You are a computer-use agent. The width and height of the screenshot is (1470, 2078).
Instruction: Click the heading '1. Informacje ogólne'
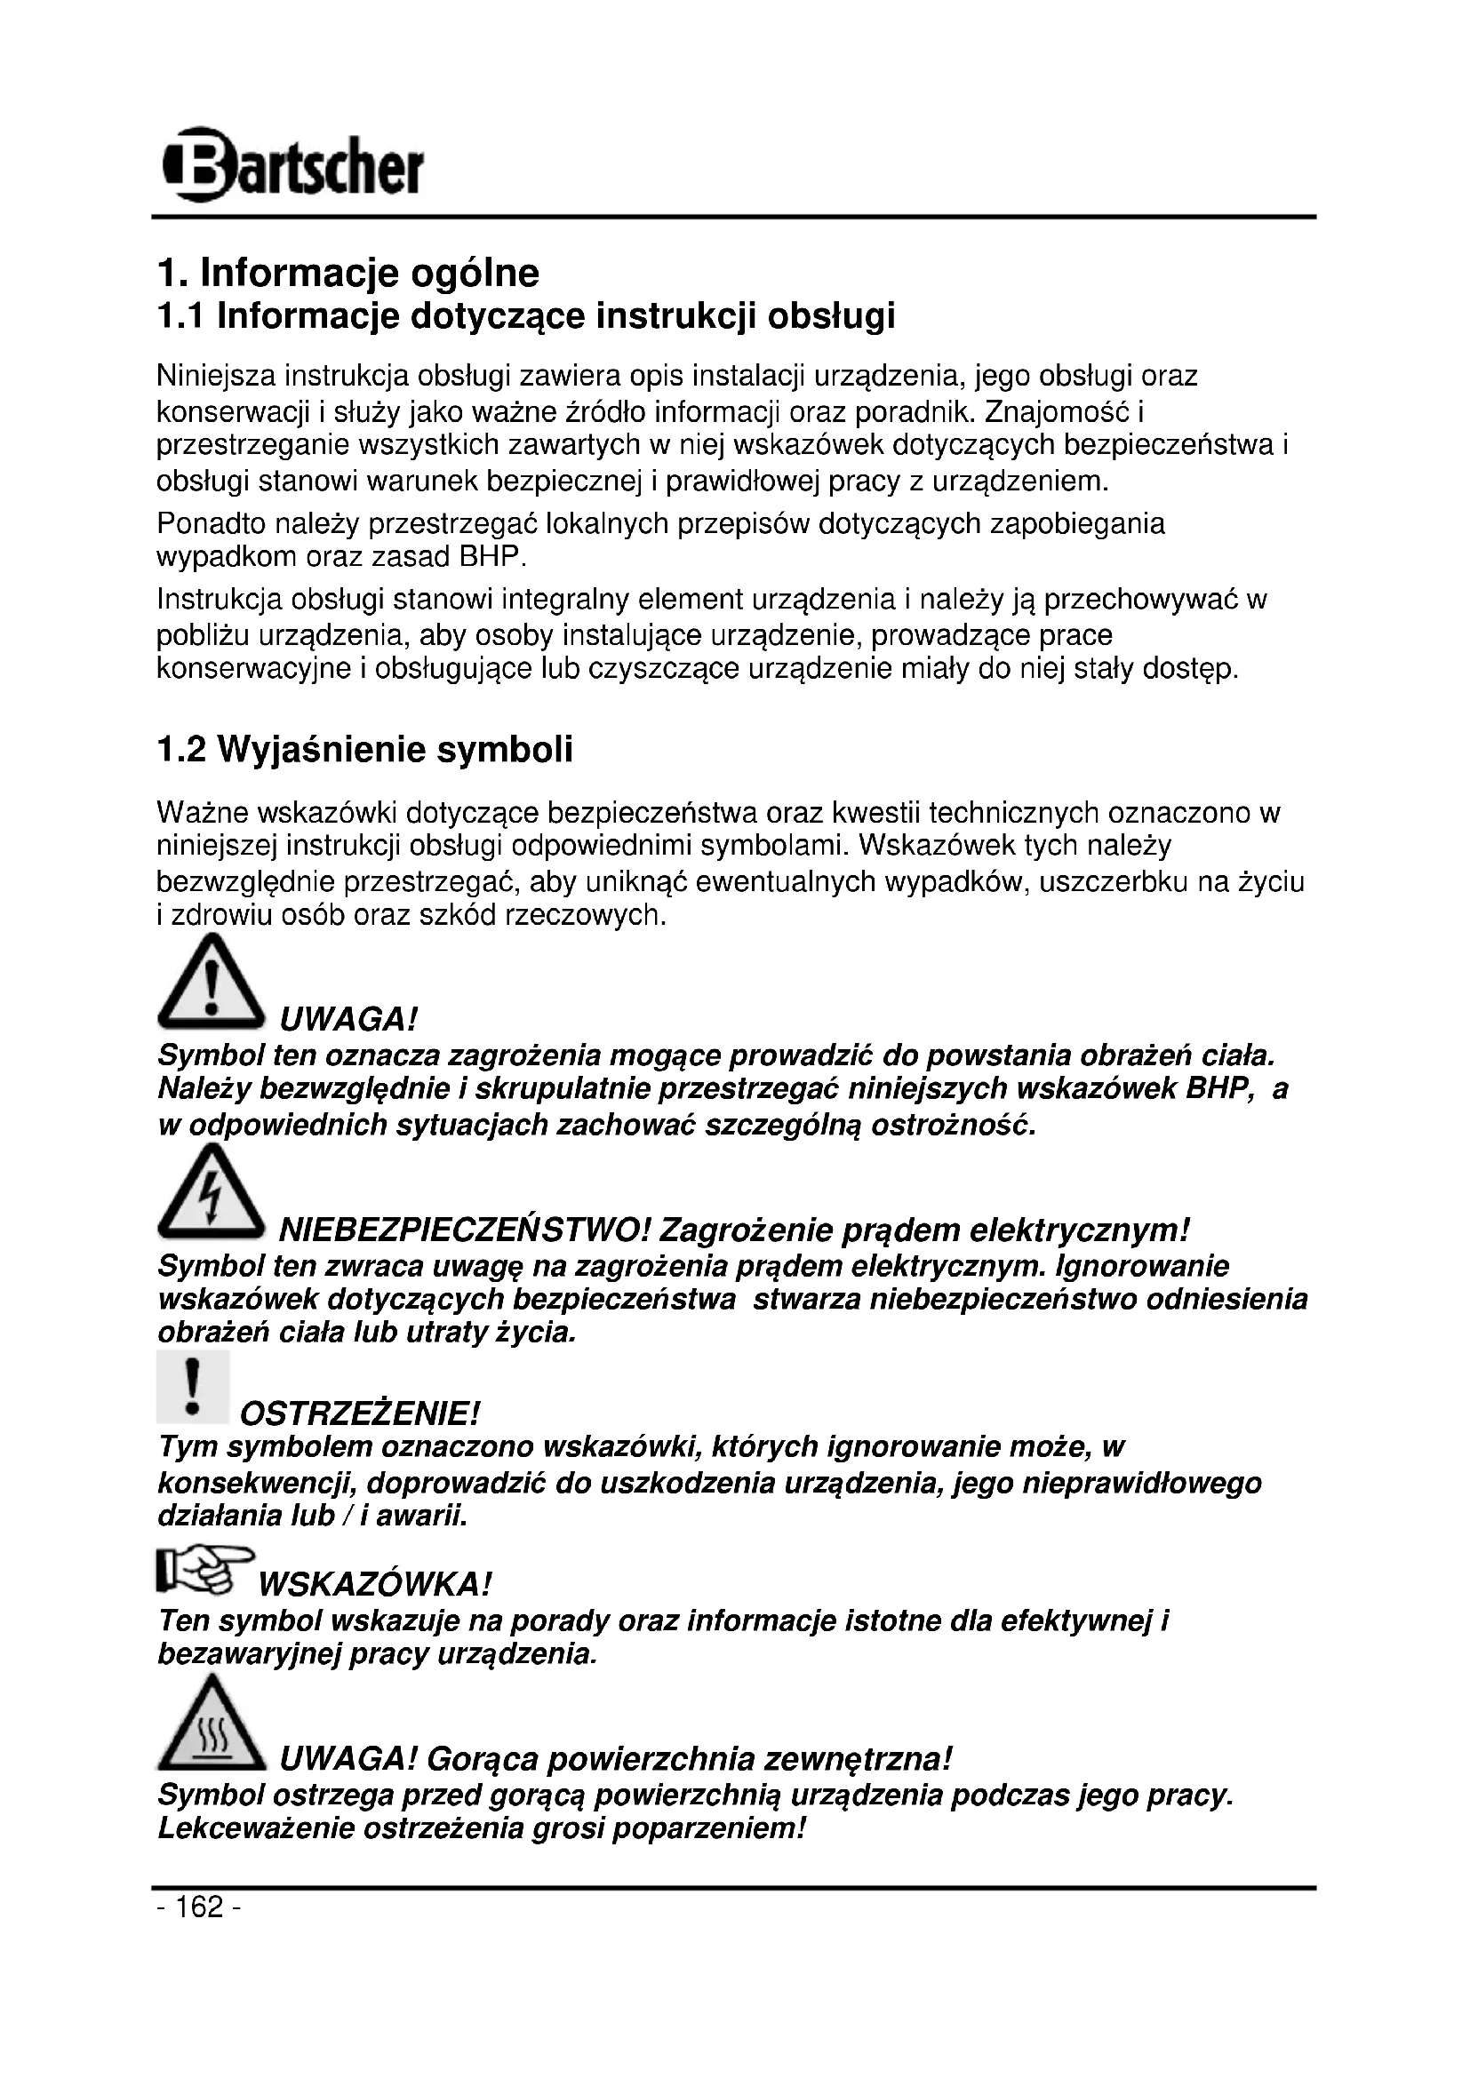[348, 273]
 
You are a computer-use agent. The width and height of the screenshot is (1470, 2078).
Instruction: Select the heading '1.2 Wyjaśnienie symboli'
[364, 751]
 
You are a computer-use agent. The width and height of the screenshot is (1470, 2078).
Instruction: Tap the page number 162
[198, 1907]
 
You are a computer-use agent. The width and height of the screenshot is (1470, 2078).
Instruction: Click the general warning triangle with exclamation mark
[212, 983]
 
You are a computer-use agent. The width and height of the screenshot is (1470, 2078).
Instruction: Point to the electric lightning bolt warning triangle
[212, 1194]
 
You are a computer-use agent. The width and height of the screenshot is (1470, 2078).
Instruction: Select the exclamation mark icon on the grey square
[192, 1388]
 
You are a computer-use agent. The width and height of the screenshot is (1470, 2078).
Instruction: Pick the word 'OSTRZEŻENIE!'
[359, 1413]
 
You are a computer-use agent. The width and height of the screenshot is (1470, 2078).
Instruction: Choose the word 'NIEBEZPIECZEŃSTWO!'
[465, 1230]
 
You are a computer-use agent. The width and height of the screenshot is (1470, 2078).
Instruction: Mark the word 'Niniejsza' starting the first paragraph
[216, 375]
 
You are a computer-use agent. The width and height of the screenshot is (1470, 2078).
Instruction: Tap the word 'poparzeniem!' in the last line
[708, 1829]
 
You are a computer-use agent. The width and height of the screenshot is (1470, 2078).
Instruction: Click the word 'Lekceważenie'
[256, 1829]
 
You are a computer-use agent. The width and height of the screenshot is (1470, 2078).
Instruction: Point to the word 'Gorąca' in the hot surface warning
[483, 1759]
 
